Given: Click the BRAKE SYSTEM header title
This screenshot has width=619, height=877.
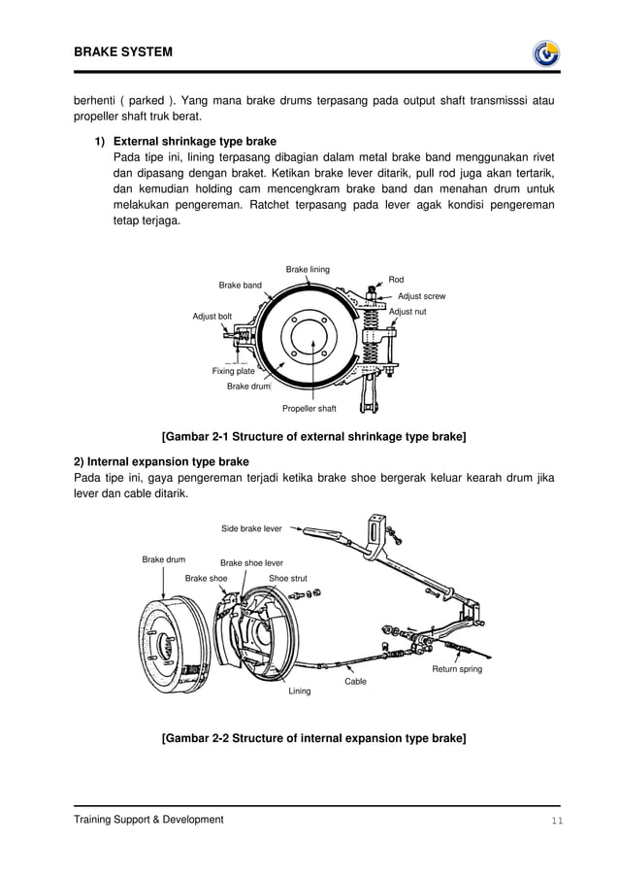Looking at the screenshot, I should click(x=122, y=51).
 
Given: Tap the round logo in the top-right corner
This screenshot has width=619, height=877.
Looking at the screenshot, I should click(x=546, y=53).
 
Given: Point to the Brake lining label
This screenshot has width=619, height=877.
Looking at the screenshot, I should click(x=308, y=269).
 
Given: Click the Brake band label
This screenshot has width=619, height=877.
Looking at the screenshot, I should click(x=240, y=286).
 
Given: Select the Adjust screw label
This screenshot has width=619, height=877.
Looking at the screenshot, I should click(x=421, y=295).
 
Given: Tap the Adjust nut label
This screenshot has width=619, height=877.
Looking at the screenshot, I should click(x=407, y=312).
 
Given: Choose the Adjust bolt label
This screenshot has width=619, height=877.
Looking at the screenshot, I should click(x=212, y=317).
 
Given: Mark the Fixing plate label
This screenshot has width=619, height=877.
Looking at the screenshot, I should click(x=233, y=371).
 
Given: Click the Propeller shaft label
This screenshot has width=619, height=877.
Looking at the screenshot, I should click(x=309, y=408).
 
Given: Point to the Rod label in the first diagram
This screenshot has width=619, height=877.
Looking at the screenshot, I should click(x=396, y=280).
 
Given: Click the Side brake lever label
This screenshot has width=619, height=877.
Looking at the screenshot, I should click(x=251, y=528).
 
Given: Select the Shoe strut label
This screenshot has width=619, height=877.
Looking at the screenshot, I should click(x=288, y=578).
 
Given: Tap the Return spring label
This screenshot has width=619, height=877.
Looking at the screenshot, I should click(x=456, y=669).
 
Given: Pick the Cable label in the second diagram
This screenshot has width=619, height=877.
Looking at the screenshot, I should click(x=356, y=682).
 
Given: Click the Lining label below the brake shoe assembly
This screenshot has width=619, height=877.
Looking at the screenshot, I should click(x=300, y=691).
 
